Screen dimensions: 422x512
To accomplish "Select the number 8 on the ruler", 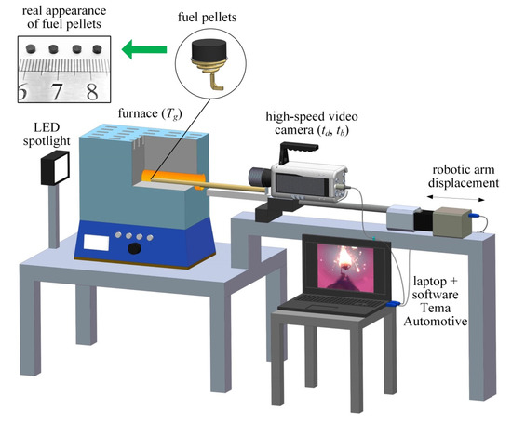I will [x=91, y=91].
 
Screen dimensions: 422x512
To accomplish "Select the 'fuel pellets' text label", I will [x=206, y=17].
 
